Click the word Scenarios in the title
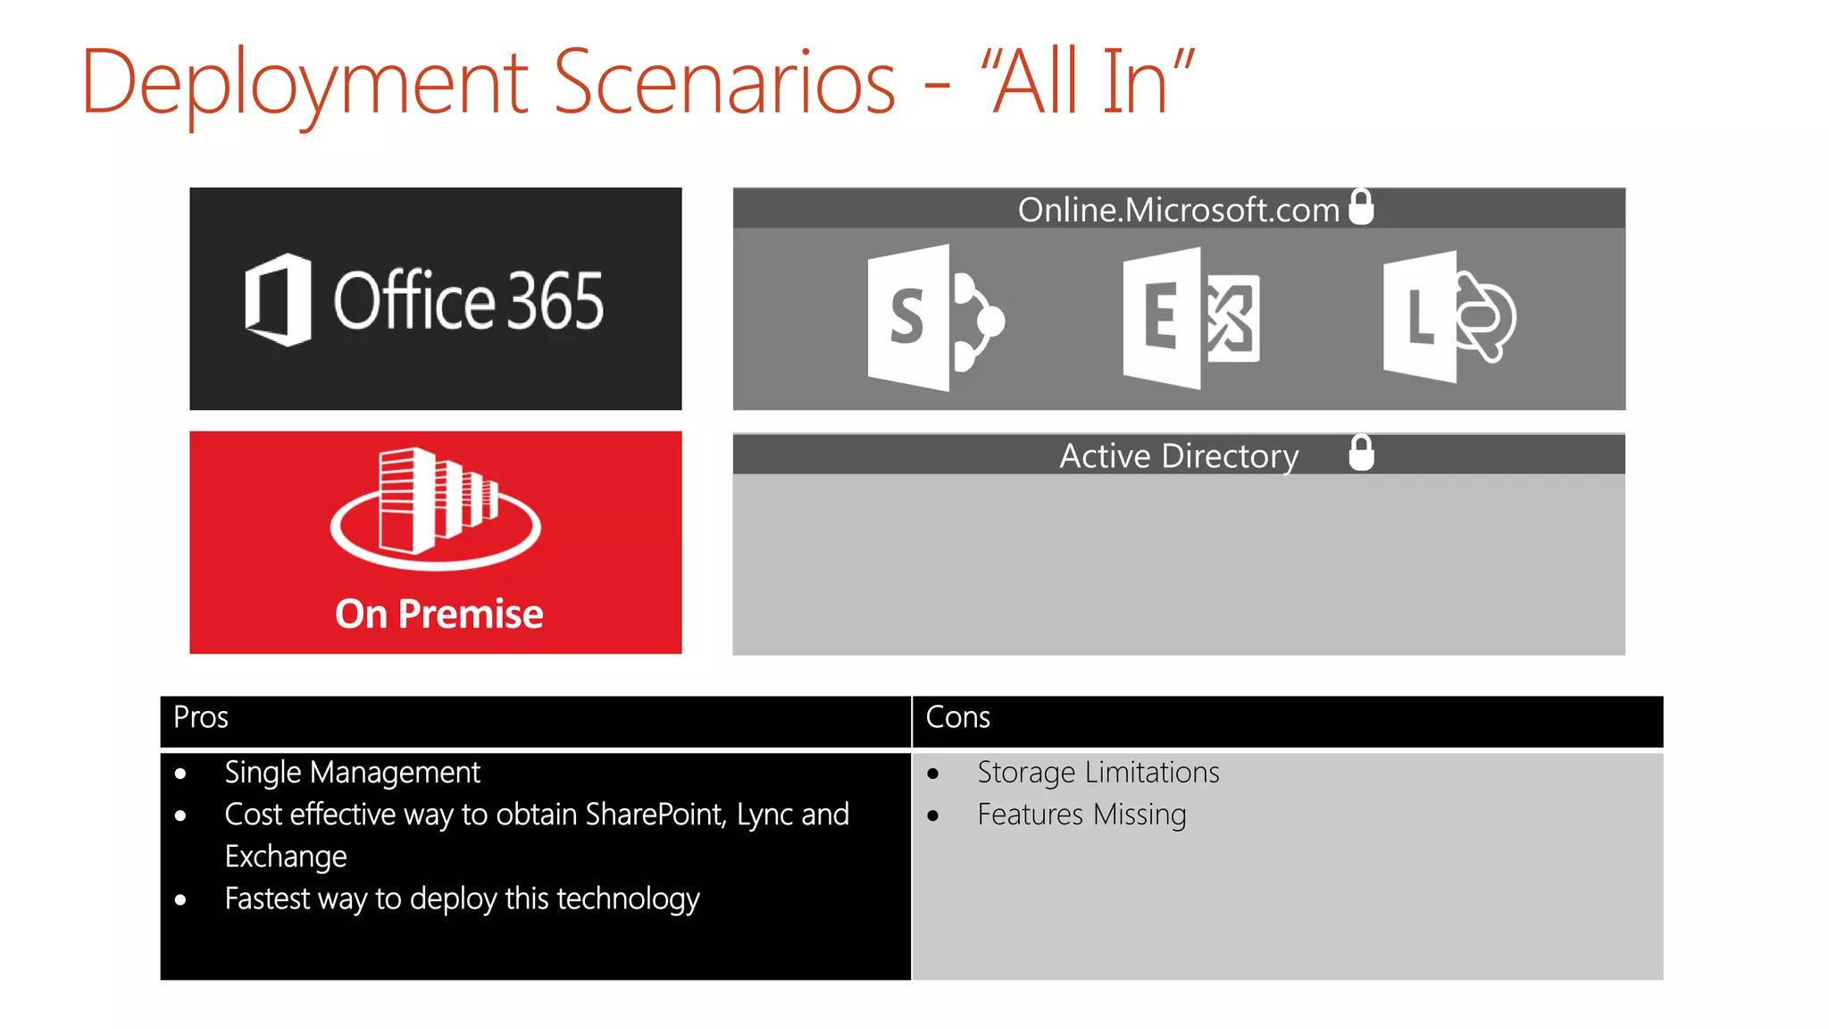723,83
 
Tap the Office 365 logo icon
278,300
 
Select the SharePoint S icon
934,318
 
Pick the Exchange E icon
1190,319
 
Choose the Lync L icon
1448,318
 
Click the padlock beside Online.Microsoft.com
1361,207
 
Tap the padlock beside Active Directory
1361,453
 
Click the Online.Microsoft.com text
1178,210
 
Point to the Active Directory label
1178,456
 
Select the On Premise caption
438,615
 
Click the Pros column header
201,717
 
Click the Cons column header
957,717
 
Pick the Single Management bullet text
352,772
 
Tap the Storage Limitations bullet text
1098,772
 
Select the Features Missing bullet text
1082,815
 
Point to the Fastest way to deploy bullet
462,899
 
